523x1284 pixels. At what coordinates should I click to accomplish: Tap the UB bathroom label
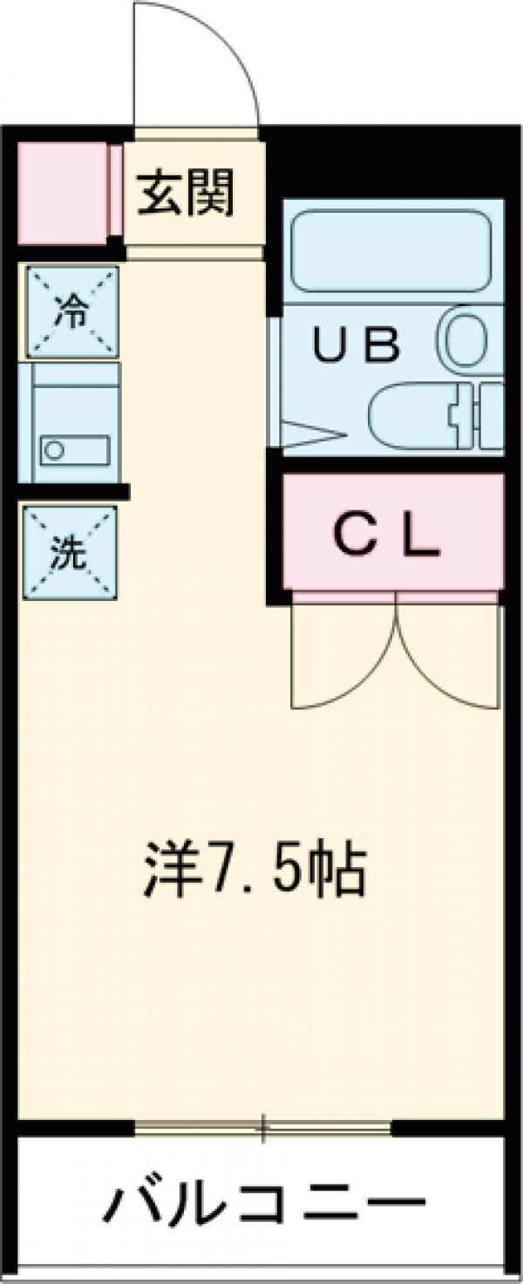pos(357,345)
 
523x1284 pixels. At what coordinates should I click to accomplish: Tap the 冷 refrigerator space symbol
pos(71,311)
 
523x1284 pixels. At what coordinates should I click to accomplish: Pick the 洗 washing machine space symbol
pos(70,552)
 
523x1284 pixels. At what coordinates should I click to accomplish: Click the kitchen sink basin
pos(75,450)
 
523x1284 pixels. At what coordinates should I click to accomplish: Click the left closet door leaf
pos(344,654)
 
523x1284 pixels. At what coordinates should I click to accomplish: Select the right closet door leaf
pos(449,654)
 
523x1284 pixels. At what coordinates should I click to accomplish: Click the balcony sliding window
pos(261,1127)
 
